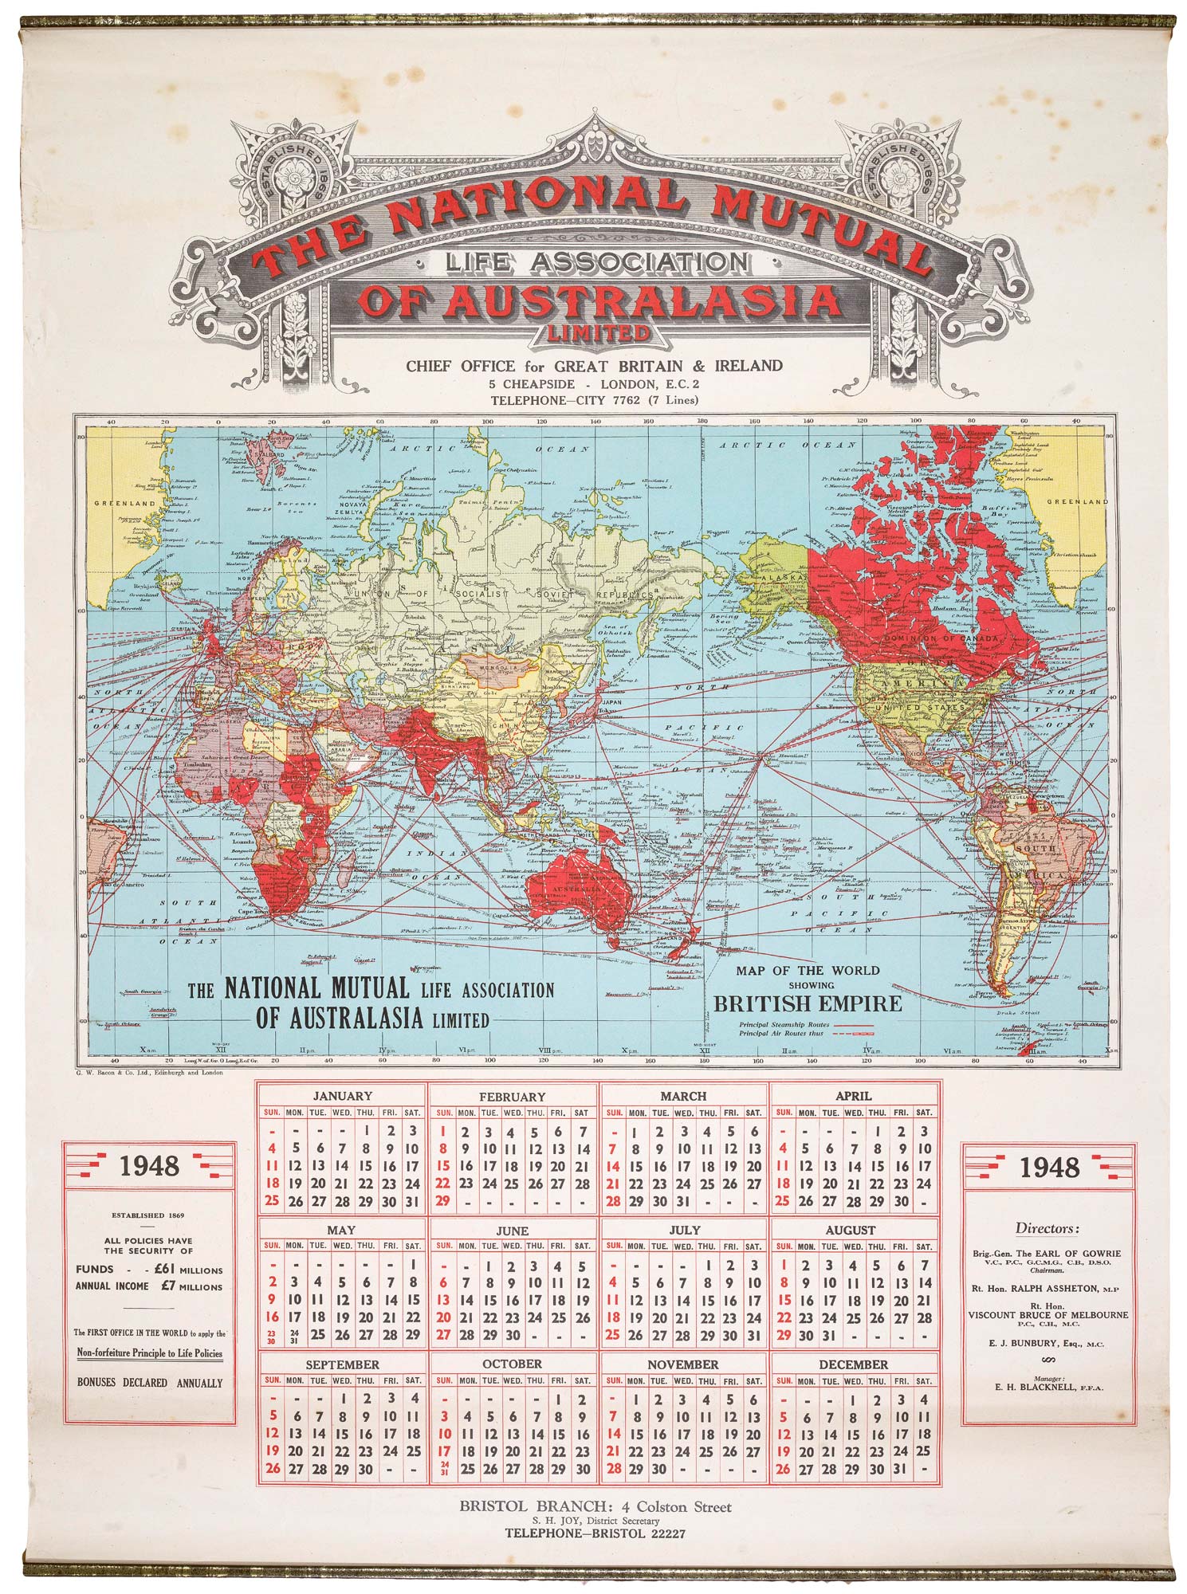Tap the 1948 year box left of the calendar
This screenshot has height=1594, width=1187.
pos(150,1167)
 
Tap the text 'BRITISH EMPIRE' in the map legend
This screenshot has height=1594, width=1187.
pos(807,1003)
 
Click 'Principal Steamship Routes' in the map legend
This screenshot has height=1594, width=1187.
pos(784,1024)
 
